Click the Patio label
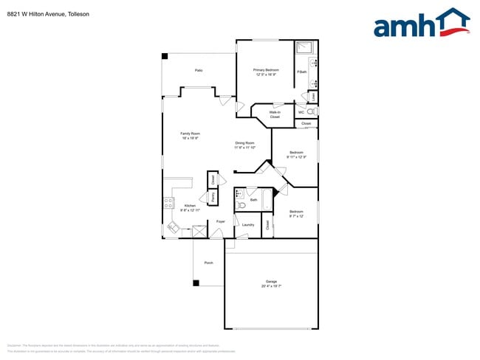click(x=199, y=70)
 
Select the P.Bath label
click(x=302, y=72)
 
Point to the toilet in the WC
click(x=311, y=111)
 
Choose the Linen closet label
click(x=314, y=96)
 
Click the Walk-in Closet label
click(x=274, y=114)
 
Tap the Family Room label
click(x=191, y=135)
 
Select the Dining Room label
click(x=245, y=145)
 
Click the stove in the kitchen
click(x=168, y=203)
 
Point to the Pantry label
click(x=213, y=197)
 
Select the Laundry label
click(x=248, y=224)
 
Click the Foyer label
click(x=220, y=221)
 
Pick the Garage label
click(x=271, y=283)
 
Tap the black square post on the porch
click(x=196, y=283)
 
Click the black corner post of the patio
click(x=165, y=56)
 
